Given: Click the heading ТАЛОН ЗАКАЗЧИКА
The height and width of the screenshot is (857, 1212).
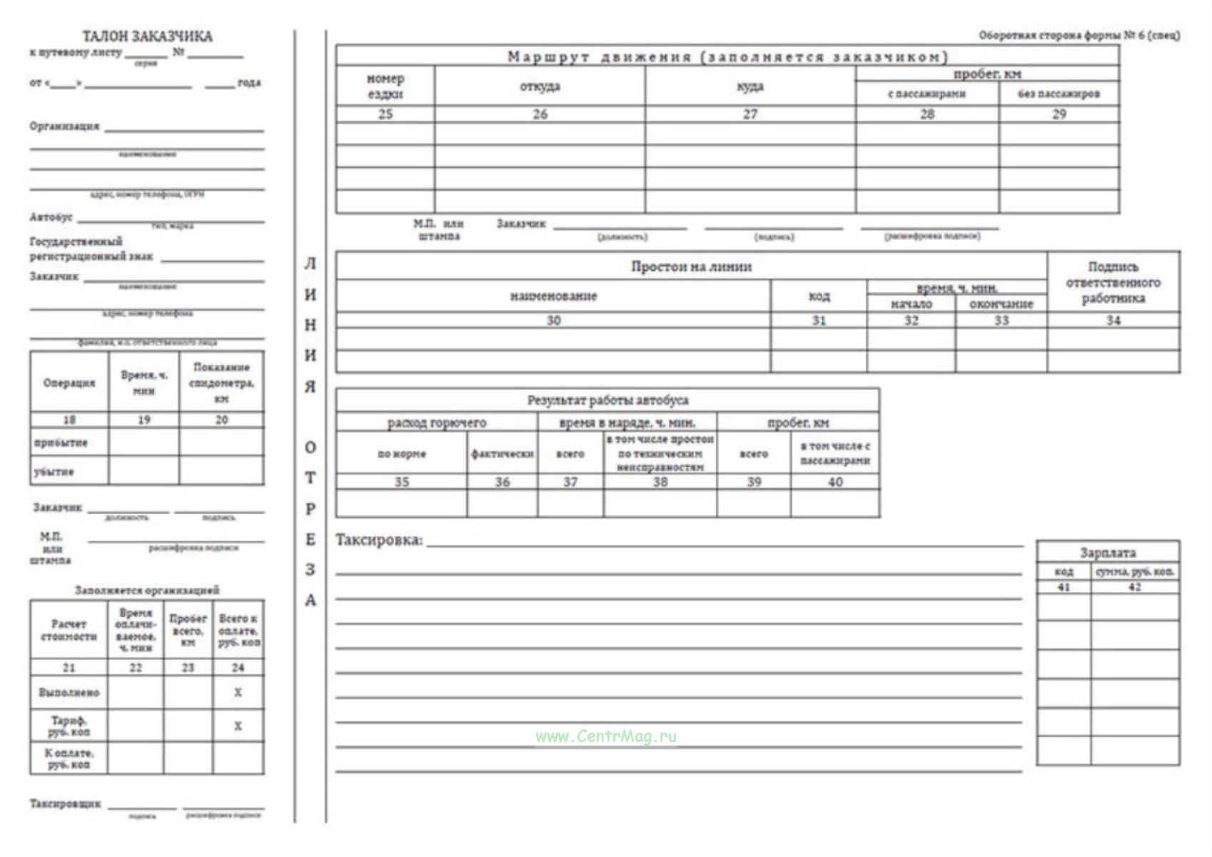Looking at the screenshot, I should point(147,36).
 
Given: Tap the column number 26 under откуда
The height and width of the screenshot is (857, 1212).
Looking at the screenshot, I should point(540,114).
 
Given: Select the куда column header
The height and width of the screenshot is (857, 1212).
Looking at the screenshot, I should point(749,86).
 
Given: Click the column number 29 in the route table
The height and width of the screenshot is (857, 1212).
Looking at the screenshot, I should point(1059,114).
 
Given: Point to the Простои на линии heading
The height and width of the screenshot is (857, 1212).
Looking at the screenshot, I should point(691,266).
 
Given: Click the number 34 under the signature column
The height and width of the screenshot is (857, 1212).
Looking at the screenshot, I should point(1113,321).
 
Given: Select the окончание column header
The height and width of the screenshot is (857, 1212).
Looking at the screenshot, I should point(1001,304).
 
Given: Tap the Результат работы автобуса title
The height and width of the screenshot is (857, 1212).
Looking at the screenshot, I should point(607,400).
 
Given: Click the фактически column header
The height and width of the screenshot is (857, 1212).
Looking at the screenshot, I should point(503,453).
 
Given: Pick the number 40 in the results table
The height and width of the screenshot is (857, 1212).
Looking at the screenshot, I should point(835,482).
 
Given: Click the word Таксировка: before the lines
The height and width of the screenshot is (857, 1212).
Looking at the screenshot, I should point(379,540).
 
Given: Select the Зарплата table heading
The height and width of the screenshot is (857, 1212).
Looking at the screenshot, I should point(1107,552).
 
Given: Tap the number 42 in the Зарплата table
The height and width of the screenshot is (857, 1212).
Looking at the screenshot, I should point(1134,587).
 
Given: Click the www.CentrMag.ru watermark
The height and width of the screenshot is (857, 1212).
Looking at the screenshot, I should point(606,736).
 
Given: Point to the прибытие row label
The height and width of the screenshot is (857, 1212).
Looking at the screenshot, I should point(61,442).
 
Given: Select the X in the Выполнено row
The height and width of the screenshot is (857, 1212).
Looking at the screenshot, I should point(238,692).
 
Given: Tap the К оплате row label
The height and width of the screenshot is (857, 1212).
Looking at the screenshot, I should point(69,758).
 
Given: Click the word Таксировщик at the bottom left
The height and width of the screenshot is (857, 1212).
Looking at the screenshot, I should point(65,803).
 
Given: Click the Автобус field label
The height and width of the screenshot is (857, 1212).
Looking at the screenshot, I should point(51,216).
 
